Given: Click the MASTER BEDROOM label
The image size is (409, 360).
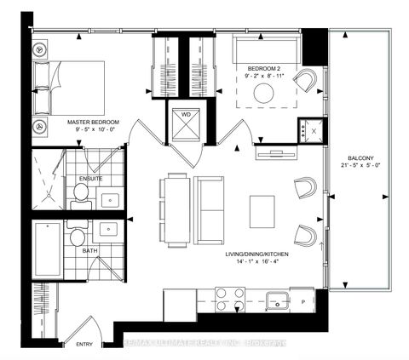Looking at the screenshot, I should tap(94, 123).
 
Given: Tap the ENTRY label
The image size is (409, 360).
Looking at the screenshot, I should tap(84, 345).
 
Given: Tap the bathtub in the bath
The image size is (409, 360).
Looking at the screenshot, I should tap(47, 247).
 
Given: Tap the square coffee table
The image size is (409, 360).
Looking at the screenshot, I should tap(262, 209).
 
